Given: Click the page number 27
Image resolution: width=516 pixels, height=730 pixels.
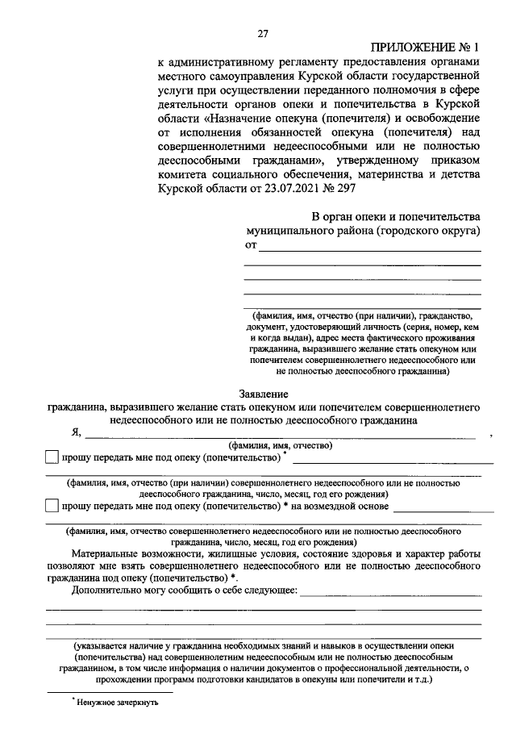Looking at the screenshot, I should pyautogui.click(x=262, y=33).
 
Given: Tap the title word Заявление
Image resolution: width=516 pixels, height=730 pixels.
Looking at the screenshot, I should pyautogui.click(x=263, y=394).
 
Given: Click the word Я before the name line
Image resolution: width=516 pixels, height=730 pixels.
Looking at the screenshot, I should pyautogui.click(x=77, y=432).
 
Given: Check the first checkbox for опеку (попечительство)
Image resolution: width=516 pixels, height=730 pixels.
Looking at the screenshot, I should pyautogui.click(x=52, y=457).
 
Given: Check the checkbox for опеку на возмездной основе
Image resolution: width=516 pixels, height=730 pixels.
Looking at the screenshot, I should pyautogui.click(x=52, y=506).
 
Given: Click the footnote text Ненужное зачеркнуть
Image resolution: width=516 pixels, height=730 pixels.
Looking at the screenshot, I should pyautogui.click(x=118, y=703).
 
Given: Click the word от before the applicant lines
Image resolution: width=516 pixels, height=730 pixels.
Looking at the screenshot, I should pyautogui.click(x=251, y=245).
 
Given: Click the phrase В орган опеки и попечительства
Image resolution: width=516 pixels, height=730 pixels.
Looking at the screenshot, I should pyautogui.click(x=396, y=216).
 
